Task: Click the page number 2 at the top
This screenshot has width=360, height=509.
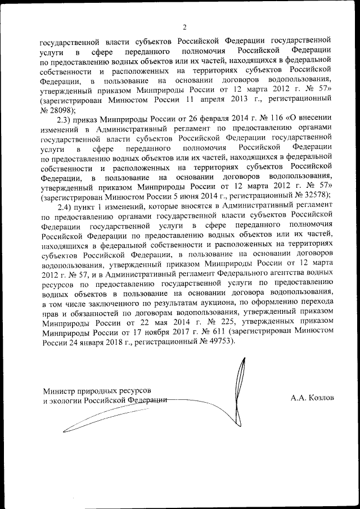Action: [x=184, y=26]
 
